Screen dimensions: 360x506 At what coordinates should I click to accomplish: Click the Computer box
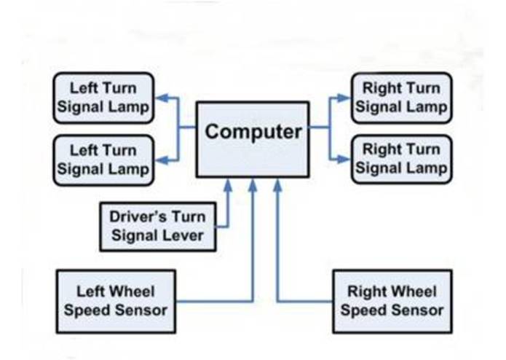[253, 138]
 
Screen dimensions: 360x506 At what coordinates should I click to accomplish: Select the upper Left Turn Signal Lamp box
[103, 98]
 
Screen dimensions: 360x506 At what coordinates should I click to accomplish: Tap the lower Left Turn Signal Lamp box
[103, 160]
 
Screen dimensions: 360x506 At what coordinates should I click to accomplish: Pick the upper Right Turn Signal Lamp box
[401, 98]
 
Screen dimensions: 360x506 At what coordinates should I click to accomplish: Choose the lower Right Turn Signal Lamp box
[401, 159]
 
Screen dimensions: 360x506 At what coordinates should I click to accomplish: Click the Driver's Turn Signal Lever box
[157, 225]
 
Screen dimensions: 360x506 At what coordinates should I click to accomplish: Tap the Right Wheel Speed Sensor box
[392, 300]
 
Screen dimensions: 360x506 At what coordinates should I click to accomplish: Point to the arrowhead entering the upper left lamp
[163, 98]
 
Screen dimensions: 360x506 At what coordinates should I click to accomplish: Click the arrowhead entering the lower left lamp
[163, 159]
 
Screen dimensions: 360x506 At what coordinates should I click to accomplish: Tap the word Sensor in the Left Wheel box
[144, 309]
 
